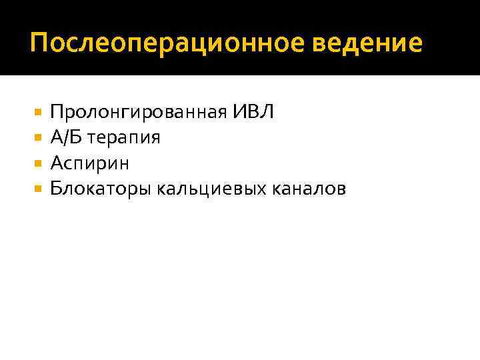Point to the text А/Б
click(x=67, y=137)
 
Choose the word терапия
click(x=124, y=139)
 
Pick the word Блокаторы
click(x=101, y=190)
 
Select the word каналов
click(x=309, y=189)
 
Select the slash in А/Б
click(x=67, y=137)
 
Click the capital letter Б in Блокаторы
click(x=55, y=189)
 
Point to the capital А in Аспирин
click(x=56, y=163)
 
